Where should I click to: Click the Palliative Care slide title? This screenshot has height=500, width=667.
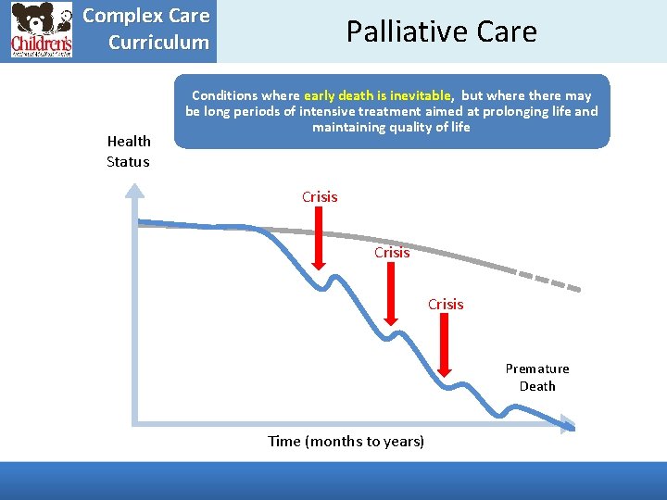[441, 31]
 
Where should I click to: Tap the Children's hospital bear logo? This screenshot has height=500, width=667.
[41, 31]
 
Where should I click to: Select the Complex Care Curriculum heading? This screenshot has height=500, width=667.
[146, 30]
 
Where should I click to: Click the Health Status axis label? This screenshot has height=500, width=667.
[129, 151]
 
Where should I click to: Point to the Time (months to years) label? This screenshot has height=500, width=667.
[346, 441]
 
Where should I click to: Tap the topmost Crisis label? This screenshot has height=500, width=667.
[320, 196]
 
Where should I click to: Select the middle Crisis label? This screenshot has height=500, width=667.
[392, 252]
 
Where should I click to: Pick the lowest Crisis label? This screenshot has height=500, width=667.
[446, 304]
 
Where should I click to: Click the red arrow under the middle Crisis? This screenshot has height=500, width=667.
[392, 296]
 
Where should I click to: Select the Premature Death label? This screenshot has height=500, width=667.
[537, 377]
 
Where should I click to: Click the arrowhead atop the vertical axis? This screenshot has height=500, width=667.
[135, 192]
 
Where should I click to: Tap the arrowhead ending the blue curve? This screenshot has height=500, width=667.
[566, 425]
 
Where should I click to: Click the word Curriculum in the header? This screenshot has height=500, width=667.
[158, 43]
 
